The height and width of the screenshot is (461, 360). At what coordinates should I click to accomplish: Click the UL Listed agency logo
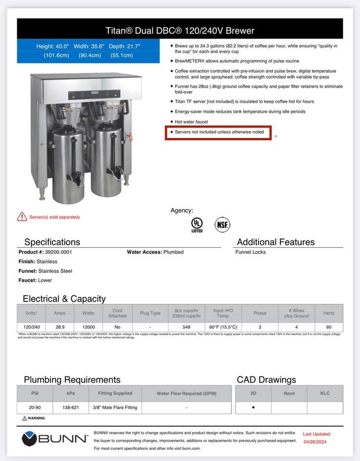pos(197,224)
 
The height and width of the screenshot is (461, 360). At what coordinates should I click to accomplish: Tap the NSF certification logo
pos(222,224)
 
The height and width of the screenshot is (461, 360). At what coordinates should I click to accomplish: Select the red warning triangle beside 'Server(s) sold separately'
pos(22,217)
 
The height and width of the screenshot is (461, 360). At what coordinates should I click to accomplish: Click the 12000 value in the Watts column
pos(88,327)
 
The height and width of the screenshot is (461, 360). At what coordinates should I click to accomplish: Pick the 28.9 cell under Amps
pos(60,327)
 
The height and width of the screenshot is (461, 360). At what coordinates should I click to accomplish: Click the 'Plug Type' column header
pos(150,313)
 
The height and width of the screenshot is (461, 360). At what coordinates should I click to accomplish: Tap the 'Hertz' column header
pos(329,313)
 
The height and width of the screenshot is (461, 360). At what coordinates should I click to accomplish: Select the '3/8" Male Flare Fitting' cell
pos(115,407)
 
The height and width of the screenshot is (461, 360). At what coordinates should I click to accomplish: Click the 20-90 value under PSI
pos(35,407)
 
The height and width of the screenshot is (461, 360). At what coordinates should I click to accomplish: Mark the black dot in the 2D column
pos(253,407)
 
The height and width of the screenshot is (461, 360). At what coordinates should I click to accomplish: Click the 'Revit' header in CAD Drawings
pos(289,393)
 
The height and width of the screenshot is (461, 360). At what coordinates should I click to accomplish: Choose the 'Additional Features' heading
pos(275,242)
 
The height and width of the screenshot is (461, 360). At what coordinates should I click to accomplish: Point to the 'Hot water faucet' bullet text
pos(191,122)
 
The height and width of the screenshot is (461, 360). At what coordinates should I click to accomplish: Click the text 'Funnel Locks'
pos(250,252)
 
